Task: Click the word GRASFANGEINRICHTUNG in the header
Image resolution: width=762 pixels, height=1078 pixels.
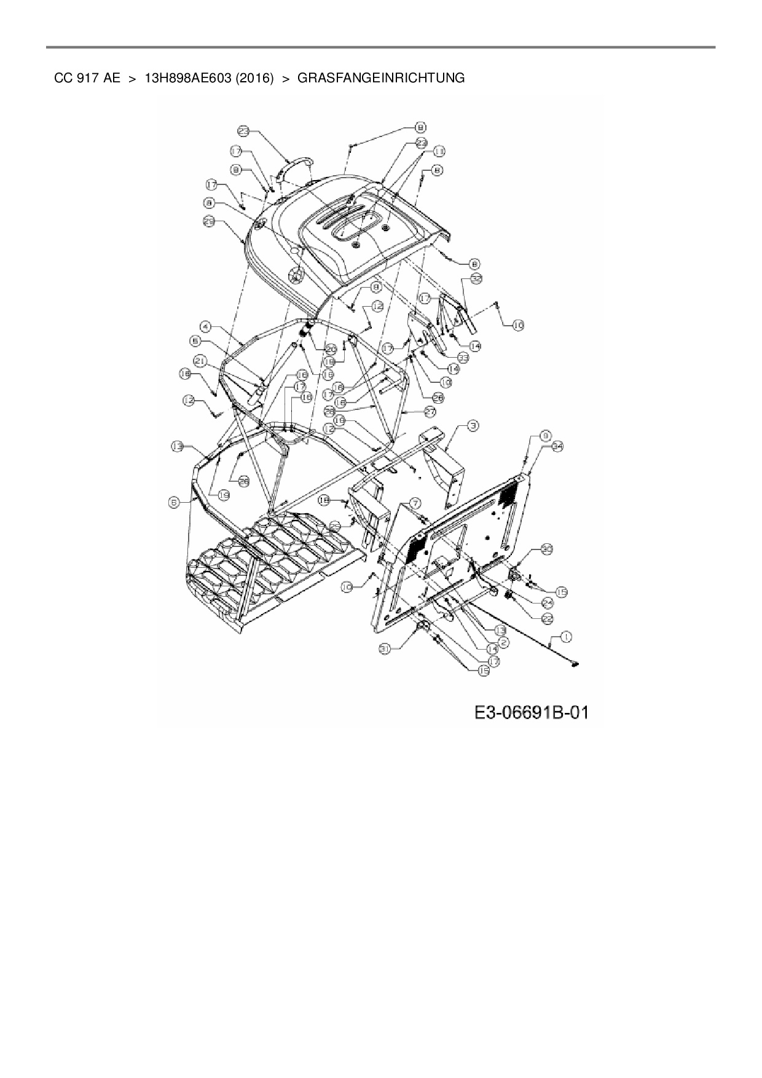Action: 380,78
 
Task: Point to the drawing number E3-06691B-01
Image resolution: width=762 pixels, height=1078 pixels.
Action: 531,712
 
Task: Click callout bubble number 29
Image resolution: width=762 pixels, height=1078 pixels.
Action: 208,222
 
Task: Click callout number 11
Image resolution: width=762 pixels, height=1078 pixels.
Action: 439,151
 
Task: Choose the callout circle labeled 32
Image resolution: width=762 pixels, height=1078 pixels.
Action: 476,278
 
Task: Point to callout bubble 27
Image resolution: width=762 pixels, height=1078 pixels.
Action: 430,410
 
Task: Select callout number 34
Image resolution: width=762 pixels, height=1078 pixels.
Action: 557,447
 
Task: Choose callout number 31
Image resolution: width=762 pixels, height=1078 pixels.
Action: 385,648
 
